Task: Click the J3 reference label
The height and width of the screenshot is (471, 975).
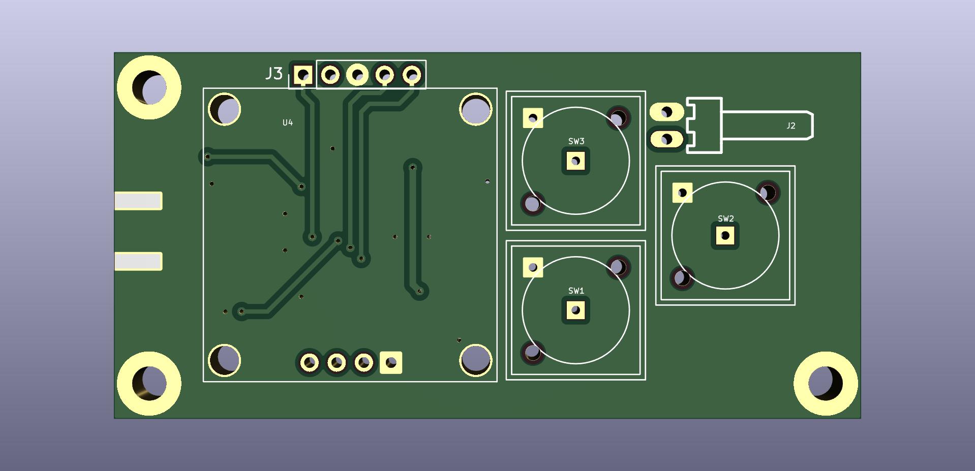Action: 274,74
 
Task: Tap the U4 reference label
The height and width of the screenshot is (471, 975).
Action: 288,122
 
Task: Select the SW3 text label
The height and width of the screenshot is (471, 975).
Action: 576,141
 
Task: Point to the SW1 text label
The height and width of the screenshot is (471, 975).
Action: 576,291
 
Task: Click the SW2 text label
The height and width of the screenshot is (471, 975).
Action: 725,218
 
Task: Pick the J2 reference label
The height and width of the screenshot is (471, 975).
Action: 791,125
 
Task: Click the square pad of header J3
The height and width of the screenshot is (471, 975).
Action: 304,75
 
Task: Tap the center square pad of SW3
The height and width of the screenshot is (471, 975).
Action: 576,161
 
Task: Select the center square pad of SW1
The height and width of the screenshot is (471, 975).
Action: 576,310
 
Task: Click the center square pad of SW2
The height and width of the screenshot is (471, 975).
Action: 725,236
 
